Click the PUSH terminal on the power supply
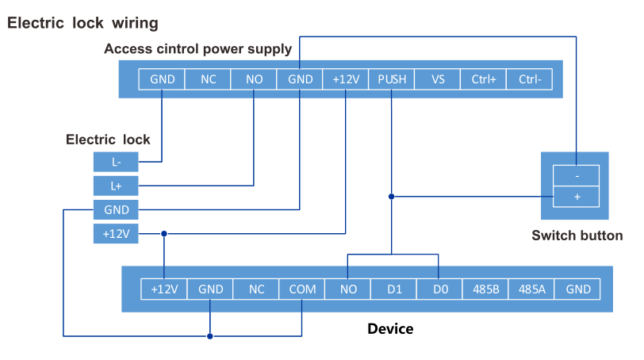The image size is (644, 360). pos(392,79)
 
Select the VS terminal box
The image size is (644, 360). pos(438,79)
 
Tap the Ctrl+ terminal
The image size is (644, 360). pos(484,79)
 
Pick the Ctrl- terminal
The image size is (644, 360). pos(530,79)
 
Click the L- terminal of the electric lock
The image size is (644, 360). pos(116,163)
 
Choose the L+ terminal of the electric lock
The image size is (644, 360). pos(116,186)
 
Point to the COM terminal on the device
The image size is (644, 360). pos(302,289)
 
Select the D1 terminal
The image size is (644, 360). pos(394,289)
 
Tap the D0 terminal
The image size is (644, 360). pos(440,289)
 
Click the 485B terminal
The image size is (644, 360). pos(486,289)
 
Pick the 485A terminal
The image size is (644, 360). pos(532,289)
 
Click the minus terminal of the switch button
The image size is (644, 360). pos(576,174)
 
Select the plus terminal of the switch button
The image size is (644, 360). pos(576,196)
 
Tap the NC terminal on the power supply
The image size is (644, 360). pos(208,79)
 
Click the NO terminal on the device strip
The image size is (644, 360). pos(348,289)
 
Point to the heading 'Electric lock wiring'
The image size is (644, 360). pos(82,23)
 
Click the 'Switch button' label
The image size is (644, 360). pos(577,236)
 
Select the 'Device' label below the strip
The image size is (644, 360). pos(390,328)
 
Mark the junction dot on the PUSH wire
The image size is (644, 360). pos(392,196)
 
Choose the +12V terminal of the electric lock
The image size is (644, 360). pos(116,234)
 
